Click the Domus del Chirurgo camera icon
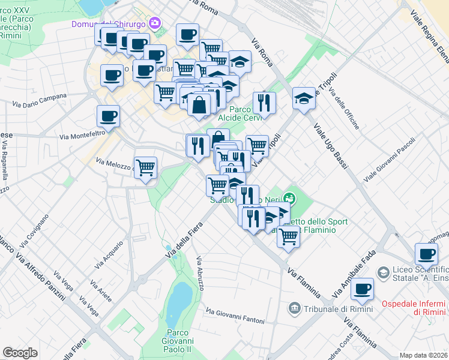(155, 23)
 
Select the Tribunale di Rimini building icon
(294, 308)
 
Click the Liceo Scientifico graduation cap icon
(382, 273)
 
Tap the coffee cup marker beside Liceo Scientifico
(426, 253)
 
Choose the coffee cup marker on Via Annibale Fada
(362, 289)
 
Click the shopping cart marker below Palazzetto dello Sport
(288, 237)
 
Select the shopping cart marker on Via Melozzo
(145, 168)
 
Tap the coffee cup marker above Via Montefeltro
(108, 115)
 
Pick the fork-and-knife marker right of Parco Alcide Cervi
(264, 103)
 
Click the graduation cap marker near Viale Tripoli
(304, 98)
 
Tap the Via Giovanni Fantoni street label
(235, 316)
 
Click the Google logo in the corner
(20, 353)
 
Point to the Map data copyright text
(424, 355)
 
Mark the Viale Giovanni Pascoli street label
(389, 160)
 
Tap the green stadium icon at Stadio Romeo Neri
(290, 196)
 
